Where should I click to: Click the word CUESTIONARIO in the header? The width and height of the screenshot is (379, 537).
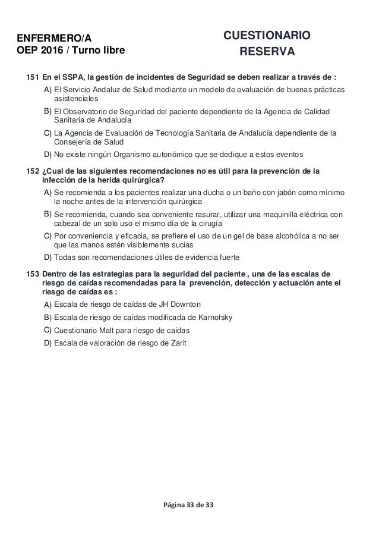pyautogui.click(x=266, y=35)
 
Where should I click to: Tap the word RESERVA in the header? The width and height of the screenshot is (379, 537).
pyautogui.click(x=266, y=52)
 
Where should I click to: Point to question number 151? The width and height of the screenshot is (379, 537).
pyautogui.click(x=33, y=77)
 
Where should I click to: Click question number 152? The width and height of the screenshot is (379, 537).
pyautogui.click(x=33, y=172)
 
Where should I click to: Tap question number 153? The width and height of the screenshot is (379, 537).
pyautogui.click(x=33, y=274)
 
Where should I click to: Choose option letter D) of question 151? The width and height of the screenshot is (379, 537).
pyautogui.click(x=47, y=155)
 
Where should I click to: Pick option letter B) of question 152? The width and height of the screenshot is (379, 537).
pyautogui.click(x=47, y=212)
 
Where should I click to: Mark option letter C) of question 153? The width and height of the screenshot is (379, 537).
pyautogui.click(x=47, y=329)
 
